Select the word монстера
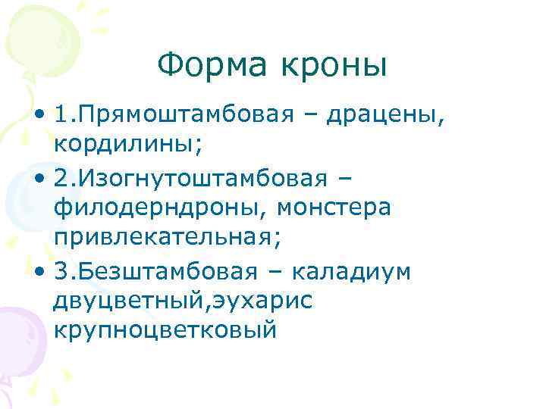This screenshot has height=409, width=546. point(334,207)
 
